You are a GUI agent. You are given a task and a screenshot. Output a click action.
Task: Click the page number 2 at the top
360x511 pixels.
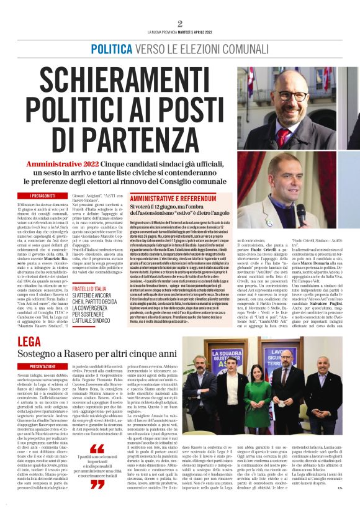click(180, 24)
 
